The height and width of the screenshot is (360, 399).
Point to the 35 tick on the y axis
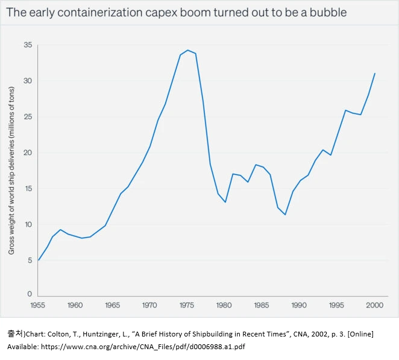point(28,45)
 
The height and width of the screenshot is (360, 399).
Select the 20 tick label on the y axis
point(28,153)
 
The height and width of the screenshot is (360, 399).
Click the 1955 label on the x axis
point(37,305)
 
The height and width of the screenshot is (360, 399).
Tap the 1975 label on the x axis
point(187,305)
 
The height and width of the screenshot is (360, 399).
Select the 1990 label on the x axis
point(300,305)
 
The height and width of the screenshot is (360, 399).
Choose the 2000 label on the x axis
point(374,305)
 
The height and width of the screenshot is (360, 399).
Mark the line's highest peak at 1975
point(188,50)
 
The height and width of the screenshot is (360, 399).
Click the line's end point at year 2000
point(375,74)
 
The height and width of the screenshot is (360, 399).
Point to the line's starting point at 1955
point(38,261)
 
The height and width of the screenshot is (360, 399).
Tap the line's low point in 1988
point(285,215)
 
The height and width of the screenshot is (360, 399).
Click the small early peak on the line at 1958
point(60,230)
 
